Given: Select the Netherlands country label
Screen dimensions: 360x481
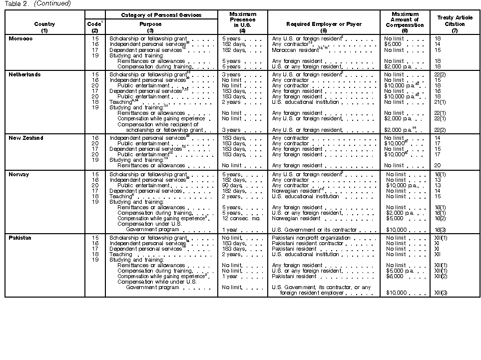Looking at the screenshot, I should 25,74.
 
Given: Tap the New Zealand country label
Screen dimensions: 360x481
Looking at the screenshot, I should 26,138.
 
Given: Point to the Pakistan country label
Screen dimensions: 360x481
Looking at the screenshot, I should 20,238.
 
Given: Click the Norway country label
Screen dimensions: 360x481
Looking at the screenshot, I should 19,174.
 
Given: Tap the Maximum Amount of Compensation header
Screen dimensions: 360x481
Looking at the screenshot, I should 405,20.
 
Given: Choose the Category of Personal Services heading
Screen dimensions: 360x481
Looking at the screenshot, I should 161,15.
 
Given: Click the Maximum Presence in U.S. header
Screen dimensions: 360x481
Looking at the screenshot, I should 243,20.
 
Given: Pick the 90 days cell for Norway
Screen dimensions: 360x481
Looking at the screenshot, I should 233,185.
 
